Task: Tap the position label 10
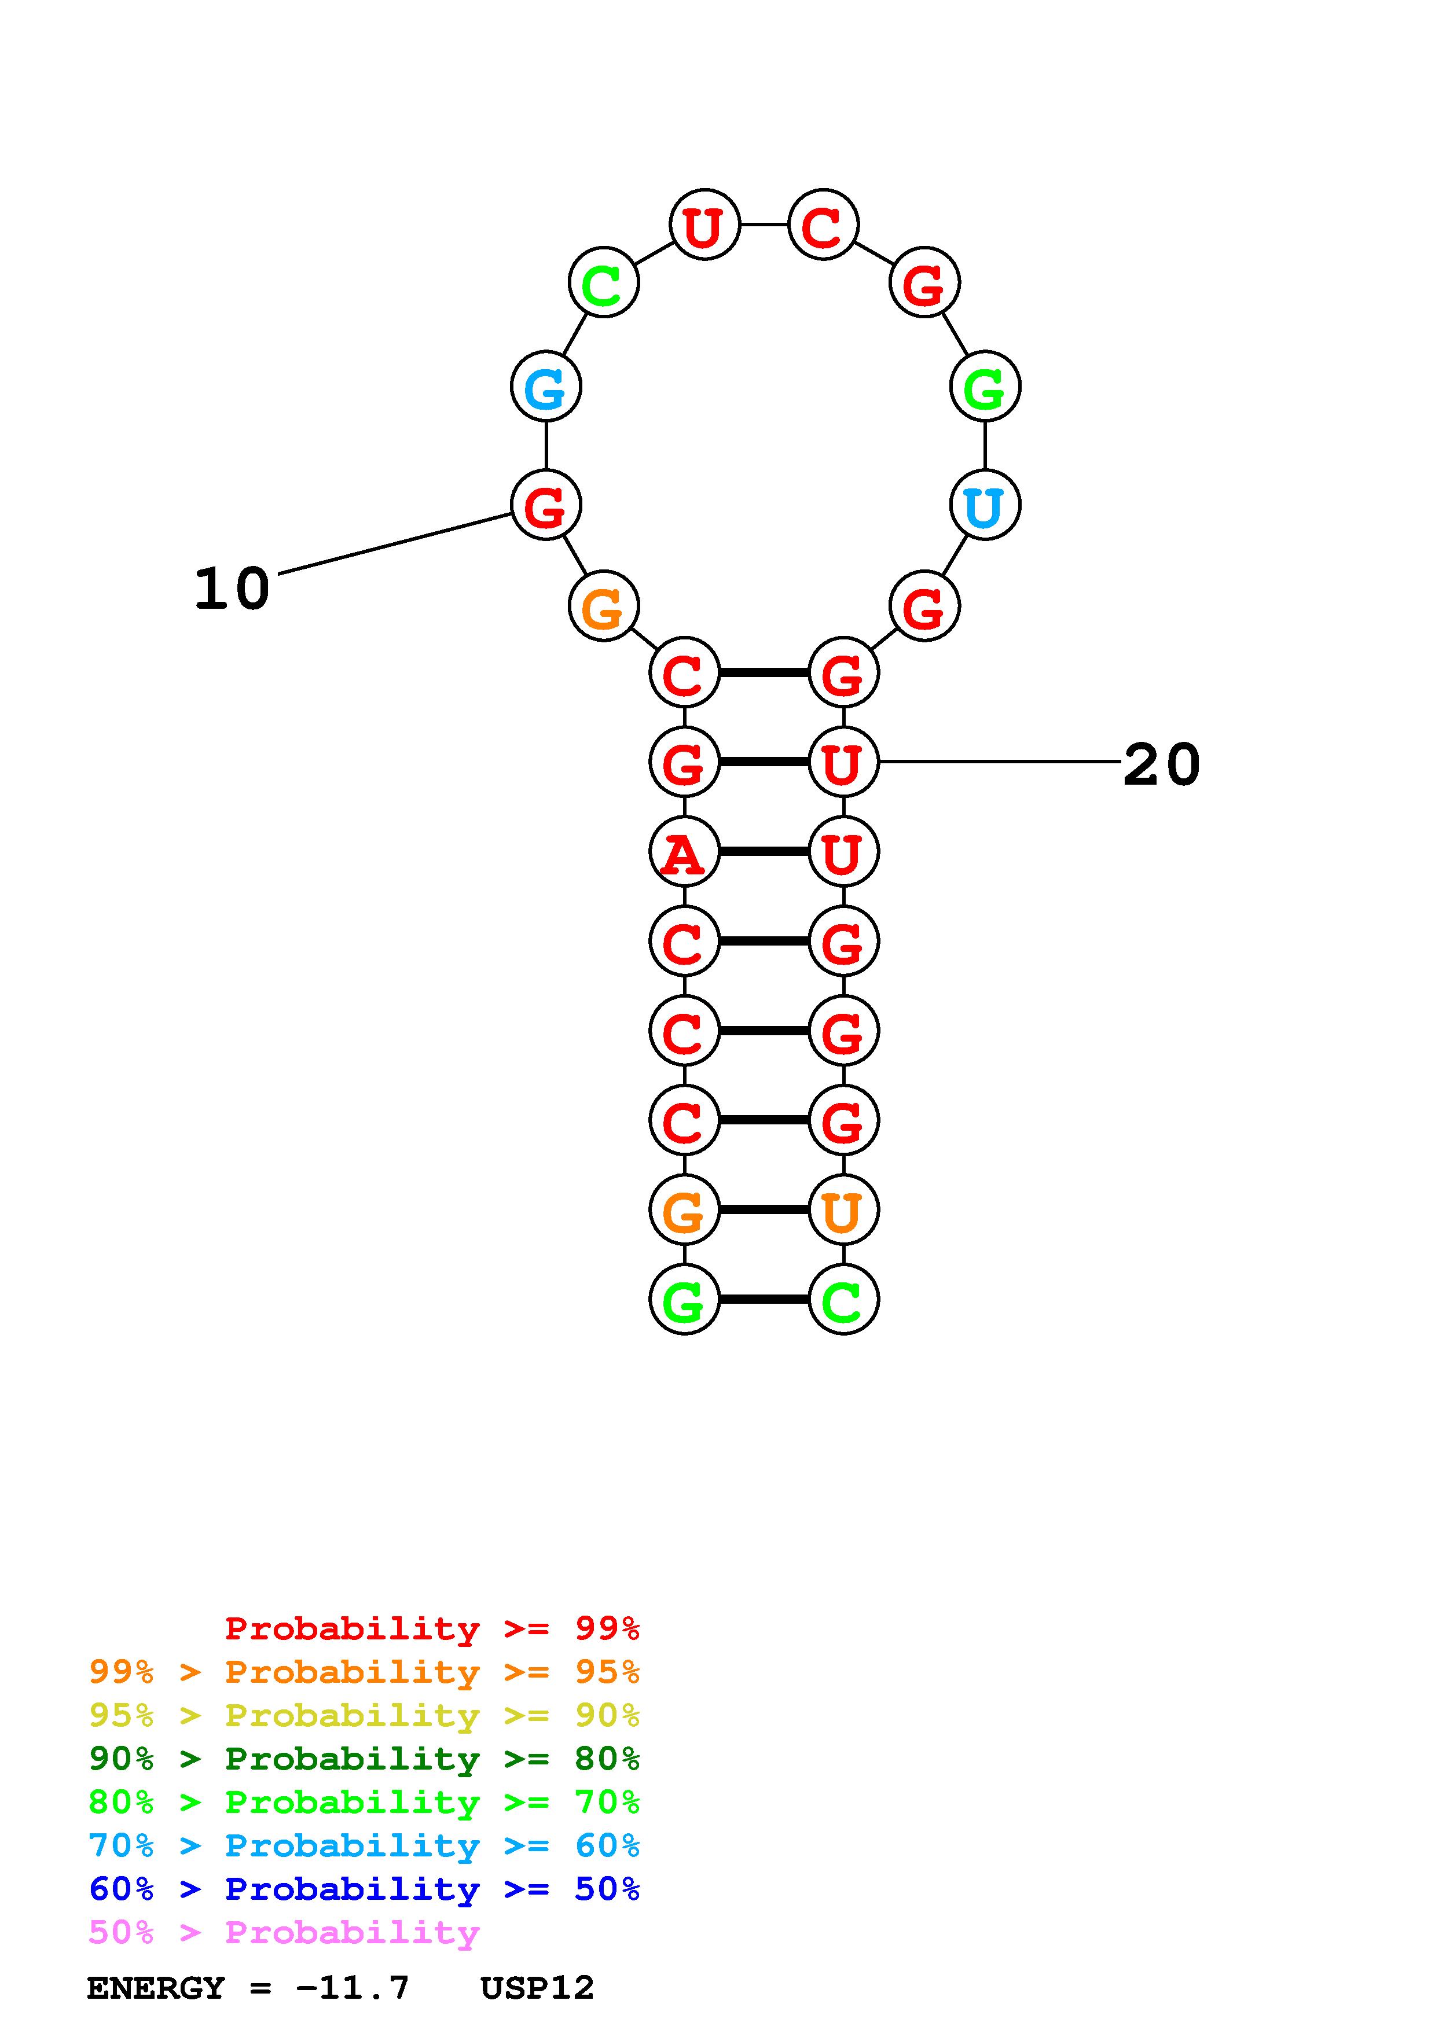(x=232, y=589)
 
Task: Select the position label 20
(x=1161, y=765)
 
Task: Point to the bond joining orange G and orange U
(x=764, y=1211)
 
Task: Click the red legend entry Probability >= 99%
(x=431, y=1628)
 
